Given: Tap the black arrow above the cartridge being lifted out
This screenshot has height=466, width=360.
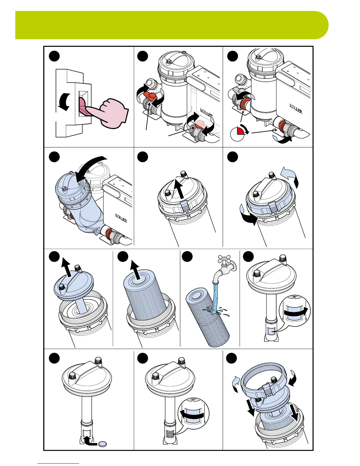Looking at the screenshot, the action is [135, 269].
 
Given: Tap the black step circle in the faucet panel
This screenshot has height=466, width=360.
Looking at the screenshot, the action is [187, 257].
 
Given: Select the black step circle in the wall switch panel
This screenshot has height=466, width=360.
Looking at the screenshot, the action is [54, 56].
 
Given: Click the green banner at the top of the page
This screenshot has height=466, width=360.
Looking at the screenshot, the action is [172, 25].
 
